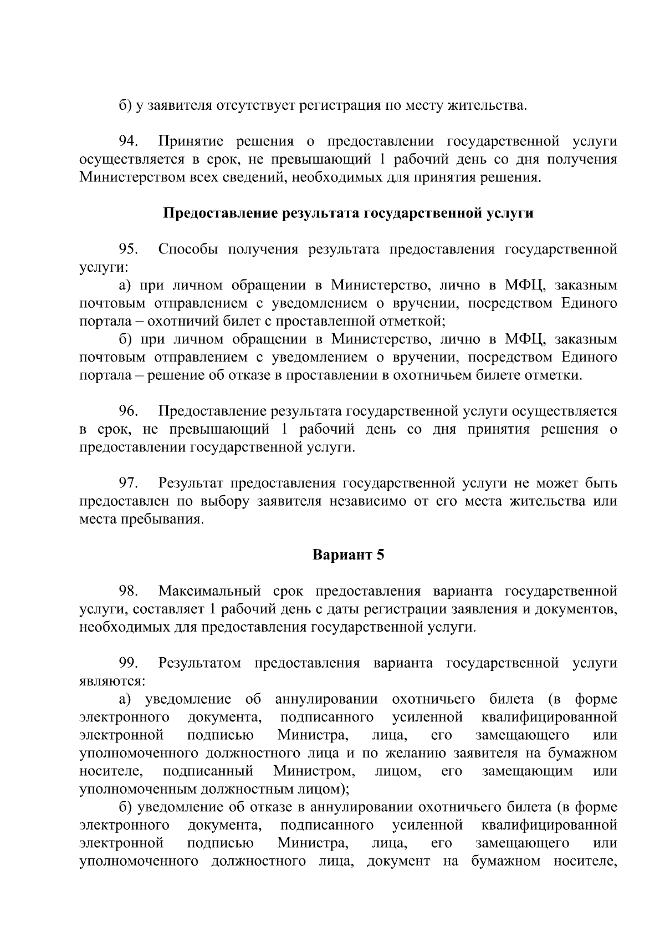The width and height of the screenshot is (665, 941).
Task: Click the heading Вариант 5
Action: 348,555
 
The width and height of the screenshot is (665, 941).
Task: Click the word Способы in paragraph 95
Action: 187,249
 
